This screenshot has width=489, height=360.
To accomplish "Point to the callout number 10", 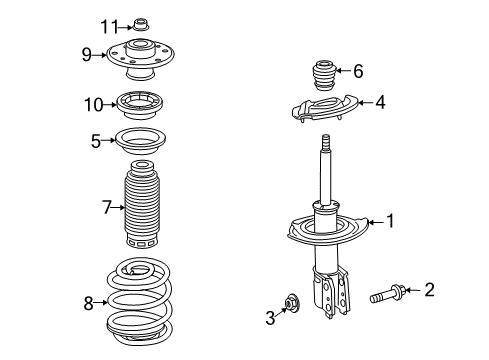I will pyautogui.click(x=93, y=104).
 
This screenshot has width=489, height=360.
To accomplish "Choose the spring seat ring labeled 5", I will pyautogui.click(x=142, y=141).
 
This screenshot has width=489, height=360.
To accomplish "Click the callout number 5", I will pyautogui.click(x=96, y=141).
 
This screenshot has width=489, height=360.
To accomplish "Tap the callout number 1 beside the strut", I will pyautogui.click(x=391, y=222).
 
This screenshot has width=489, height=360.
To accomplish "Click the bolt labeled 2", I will pyautogui.click(x=384, y=293).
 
